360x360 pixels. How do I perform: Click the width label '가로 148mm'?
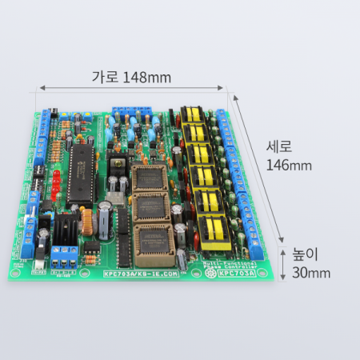click(131, 78)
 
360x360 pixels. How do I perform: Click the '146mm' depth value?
click(289, 166)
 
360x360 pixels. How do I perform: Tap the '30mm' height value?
click(310, 273)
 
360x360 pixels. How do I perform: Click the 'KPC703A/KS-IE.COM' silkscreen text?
click(142, 274)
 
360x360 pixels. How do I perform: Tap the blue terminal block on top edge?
click(132, 110)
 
